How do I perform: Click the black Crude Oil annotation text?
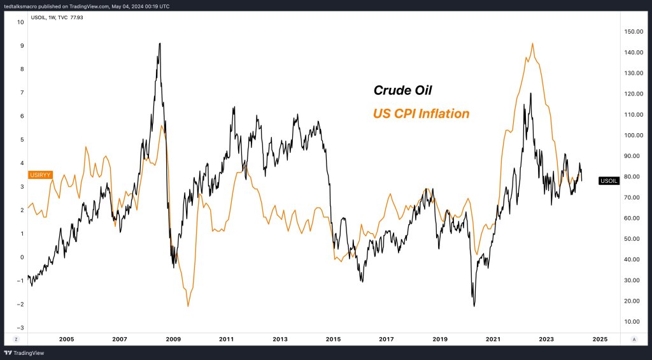(402, 91)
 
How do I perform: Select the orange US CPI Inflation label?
(421, 114)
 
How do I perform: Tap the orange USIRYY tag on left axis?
(40, 175)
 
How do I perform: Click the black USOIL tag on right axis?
(609, 181)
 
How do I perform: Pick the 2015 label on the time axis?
(333, 339)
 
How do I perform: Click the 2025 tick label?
(599, 339)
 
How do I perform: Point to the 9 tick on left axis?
(22, 46)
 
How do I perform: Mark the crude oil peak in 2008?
(159, 43)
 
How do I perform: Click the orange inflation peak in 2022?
(532, 43)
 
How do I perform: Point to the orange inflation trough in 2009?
(188, 306)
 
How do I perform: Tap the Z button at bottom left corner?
(16, 339)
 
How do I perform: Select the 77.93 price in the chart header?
(76, 17)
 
